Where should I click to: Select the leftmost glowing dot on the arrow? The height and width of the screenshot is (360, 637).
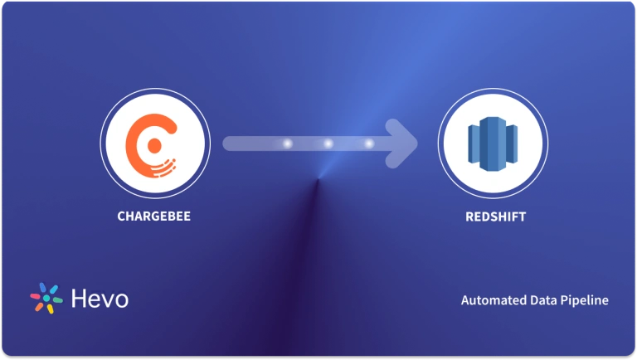pyautogui.click(x=287, y=144)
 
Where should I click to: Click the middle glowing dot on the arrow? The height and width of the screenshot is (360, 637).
pyautogui.click(x=328, y=144)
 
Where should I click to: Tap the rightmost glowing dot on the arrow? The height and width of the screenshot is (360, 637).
pyautogui.click(x=369, y=144)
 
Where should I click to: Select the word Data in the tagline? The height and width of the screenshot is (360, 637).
pyautogui.click(x=544, y=300)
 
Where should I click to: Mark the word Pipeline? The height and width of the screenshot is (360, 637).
pyautogui.click(x=586, y=300)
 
